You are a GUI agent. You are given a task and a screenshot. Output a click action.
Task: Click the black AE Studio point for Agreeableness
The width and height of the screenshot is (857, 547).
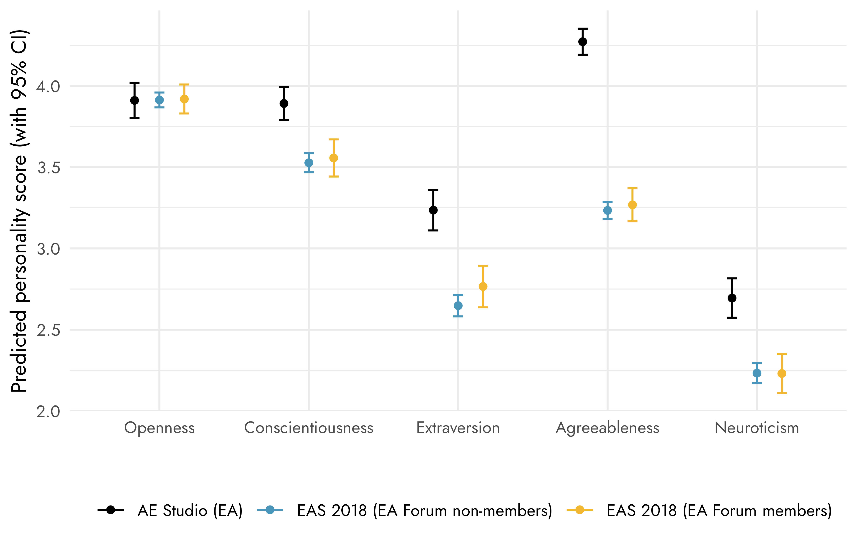583,42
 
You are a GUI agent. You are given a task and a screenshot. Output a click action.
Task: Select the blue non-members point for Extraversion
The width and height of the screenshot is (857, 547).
458,306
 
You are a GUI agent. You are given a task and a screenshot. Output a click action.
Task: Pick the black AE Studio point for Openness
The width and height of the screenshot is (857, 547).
134,100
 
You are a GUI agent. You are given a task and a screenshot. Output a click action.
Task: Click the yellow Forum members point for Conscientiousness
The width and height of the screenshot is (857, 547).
333,158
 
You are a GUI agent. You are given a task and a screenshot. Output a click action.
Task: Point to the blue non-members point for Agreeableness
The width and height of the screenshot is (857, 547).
607,210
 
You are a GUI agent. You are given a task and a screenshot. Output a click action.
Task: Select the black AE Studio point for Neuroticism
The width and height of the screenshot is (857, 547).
732,298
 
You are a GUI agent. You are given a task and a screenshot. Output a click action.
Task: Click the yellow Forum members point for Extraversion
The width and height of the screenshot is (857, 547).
483,286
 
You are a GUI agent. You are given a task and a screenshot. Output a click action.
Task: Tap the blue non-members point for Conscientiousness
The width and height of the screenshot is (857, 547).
309,163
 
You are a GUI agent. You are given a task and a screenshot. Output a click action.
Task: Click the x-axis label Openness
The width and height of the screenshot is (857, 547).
160,428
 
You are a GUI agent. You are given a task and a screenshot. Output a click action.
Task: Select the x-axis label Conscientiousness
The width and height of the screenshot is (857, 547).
309,428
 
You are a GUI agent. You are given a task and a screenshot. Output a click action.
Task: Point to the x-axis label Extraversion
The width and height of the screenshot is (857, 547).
458,428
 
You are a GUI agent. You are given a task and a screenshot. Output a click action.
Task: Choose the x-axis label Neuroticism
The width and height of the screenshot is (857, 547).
757,428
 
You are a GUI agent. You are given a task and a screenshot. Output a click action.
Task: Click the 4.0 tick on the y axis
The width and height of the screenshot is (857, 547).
48,86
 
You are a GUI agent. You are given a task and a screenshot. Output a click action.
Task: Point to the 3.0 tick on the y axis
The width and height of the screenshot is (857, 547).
48,249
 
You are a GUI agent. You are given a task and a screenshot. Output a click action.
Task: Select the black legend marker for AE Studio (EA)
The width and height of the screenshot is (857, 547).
111,510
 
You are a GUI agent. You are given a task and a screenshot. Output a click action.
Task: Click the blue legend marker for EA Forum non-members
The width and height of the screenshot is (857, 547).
270,510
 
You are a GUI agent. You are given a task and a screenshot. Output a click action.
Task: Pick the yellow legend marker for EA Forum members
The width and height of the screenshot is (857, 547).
580,510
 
